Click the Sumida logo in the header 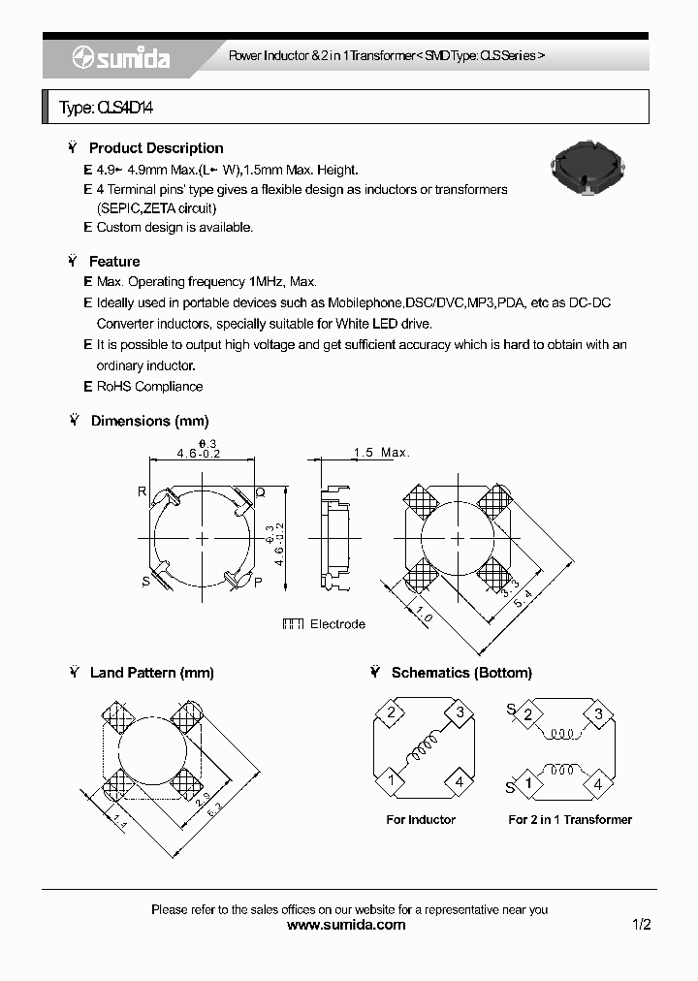pos(121,59)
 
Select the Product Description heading pos(155,148)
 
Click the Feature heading pos(114,262)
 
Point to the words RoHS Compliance pos(149,386)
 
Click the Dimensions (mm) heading pos(149,421)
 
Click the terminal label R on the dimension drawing pos(142,491)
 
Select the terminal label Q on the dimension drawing pos(260,491)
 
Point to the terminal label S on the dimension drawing pos(145,581)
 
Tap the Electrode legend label pos(337,624)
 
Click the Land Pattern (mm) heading pos(151,673)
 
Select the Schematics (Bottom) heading pos(461,673)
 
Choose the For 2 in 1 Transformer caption pos(570,820)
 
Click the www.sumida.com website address pos(347,925)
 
